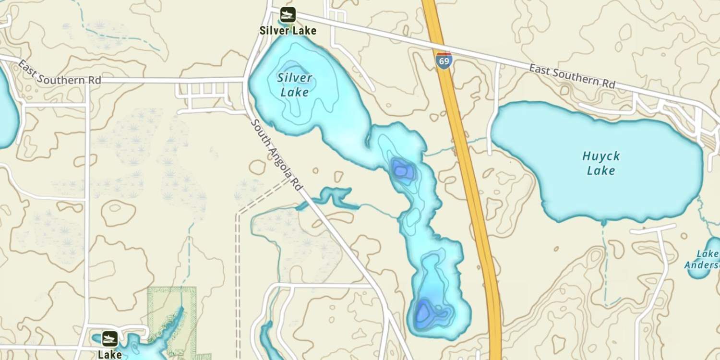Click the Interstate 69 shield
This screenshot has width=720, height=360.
click(x=444, y=60)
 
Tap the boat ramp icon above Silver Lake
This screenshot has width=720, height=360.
click(x=288, y=15)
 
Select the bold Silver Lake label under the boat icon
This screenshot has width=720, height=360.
click(x=288, y=31)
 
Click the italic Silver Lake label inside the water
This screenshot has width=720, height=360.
click(x=295, y=84)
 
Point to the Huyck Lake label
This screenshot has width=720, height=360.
click(x=601, y=163)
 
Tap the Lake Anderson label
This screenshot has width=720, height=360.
click(x=703, y=260)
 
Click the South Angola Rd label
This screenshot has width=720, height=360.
click(x=277, y=155)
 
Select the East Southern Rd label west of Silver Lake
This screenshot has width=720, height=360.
click(x=60, y=72)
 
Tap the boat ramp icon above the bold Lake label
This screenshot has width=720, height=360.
click(x=110, y=338)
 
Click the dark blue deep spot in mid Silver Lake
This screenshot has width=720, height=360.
click(x=401, y=169)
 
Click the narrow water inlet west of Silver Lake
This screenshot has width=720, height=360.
click(x=331, y=197)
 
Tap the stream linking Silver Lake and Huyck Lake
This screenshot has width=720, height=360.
click(x=456, y=146)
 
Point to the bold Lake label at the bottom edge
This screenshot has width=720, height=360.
click(x=110, y=354)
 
